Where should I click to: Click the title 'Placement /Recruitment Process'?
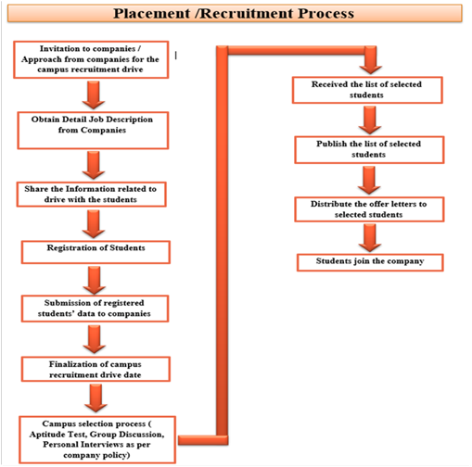point(234,14)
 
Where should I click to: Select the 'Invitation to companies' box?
point(91,59)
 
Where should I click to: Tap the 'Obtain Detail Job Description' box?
point(93,131)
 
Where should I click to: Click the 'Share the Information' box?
point(91,195)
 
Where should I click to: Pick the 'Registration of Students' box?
point(96,252)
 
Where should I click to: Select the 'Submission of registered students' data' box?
point(95,309)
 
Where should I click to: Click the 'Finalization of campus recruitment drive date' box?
point(96,369)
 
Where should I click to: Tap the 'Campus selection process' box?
point(97,440)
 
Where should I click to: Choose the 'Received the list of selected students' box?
point(367,90)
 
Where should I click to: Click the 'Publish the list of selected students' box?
point(369,150)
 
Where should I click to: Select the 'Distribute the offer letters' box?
point(369,209)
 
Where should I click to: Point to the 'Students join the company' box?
point(370,262)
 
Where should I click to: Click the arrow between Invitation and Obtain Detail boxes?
point(94,95)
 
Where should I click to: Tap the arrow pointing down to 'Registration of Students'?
point(94,224)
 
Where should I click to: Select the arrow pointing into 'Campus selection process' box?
point(96,398)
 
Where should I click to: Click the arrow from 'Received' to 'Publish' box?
point(370,120)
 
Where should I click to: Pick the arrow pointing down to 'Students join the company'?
point(370,238)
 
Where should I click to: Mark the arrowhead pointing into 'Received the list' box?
point(371,69)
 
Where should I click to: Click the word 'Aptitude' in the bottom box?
point(44,435)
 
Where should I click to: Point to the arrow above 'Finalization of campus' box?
point(95,339)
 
